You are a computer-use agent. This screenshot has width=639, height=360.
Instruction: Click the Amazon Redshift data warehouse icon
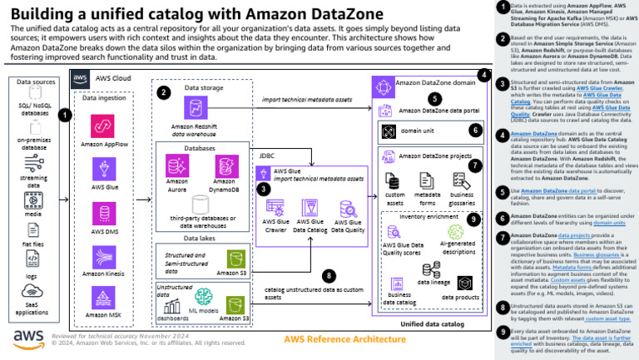197,108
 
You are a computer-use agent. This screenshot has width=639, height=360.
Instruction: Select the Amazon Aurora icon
177,165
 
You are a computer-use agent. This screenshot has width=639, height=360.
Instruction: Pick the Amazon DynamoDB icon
225,165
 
